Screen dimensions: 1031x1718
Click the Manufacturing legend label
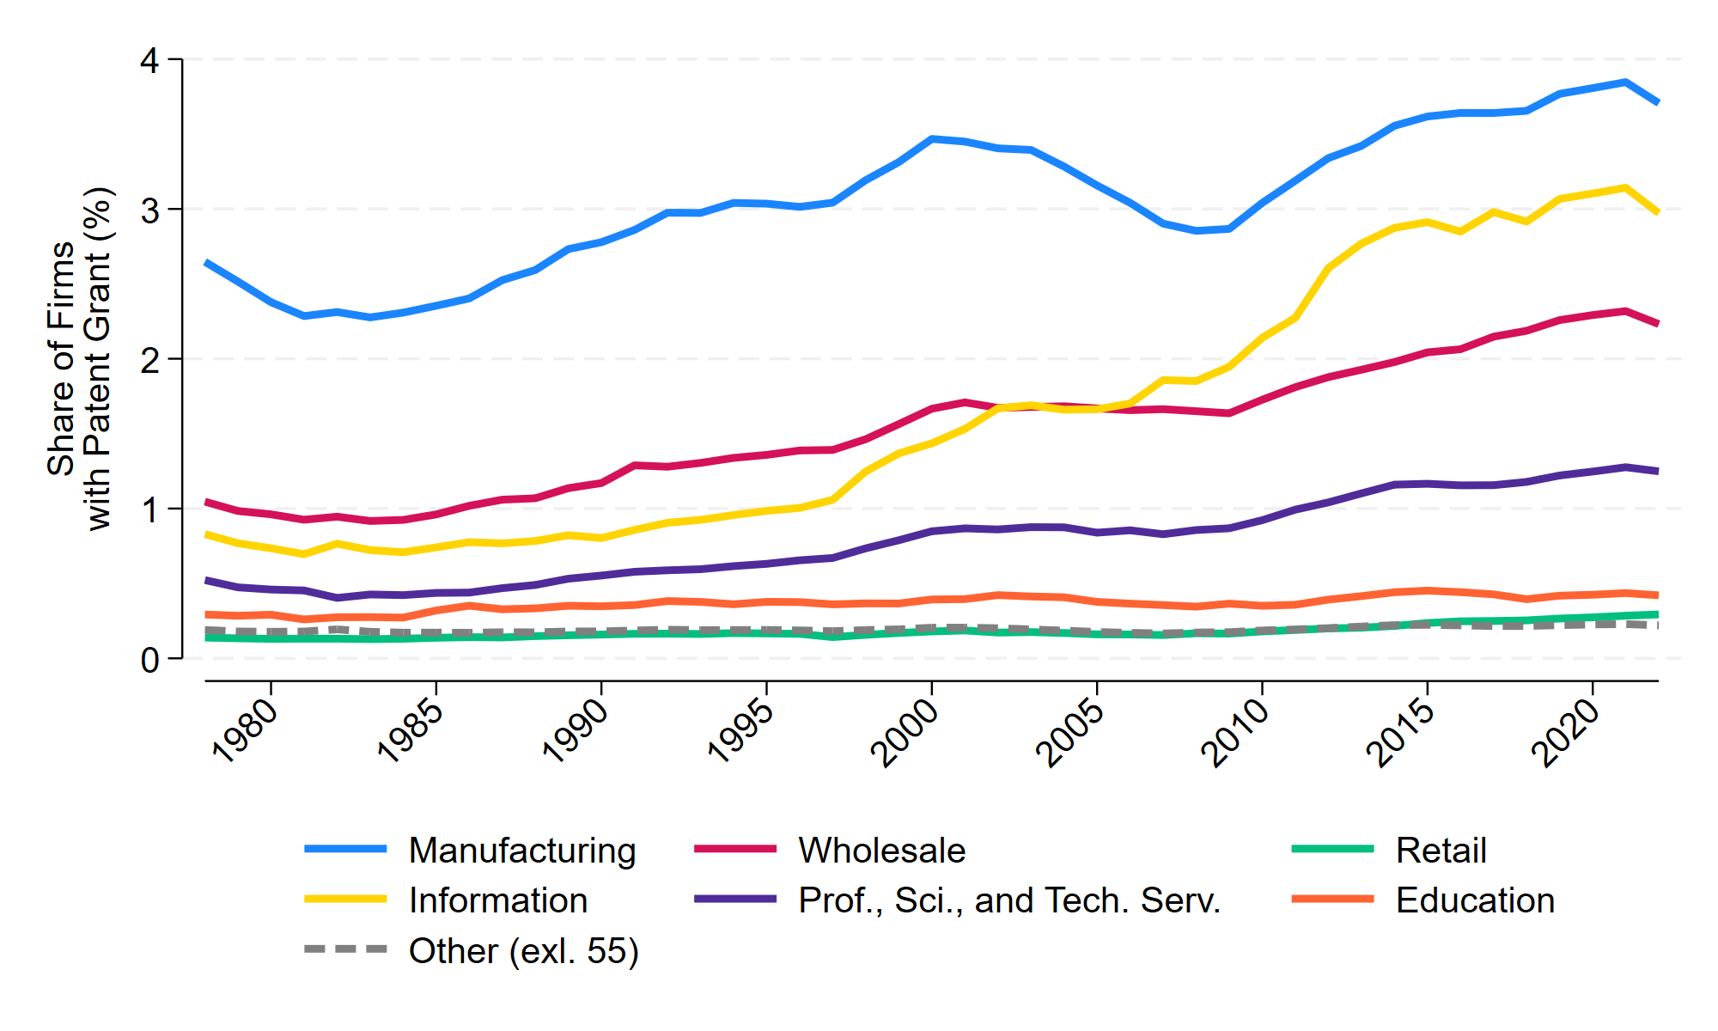coord(522,851)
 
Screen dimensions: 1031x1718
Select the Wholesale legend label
coord(881,851)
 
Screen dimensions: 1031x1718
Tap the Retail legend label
coord(1441,851)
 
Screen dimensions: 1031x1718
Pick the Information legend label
coord(498,900)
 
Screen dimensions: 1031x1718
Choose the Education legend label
coord(1475,900)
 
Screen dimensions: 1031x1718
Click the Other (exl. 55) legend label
coord(523,951)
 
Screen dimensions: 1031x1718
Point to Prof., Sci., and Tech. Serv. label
coord(1009,900)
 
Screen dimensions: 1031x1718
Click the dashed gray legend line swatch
coord(346,949)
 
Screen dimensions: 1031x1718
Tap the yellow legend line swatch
coord(346,900)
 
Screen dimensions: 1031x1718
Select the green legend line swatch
coord(1333,849)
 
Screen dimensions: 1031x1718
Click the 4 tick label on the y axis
coord(150,60)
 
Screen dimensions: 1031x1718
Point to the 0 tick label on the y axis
coord(150,660)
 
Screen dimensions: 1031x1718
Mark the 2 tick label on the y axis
coord(150,360)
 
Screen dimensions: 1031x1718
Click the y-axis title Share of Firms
coord(60,358)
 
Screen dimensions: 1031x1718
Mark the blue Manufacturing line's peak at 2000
coord(932,138)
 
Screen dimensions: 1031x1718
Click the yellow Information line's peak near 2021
coord(1625,187)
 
